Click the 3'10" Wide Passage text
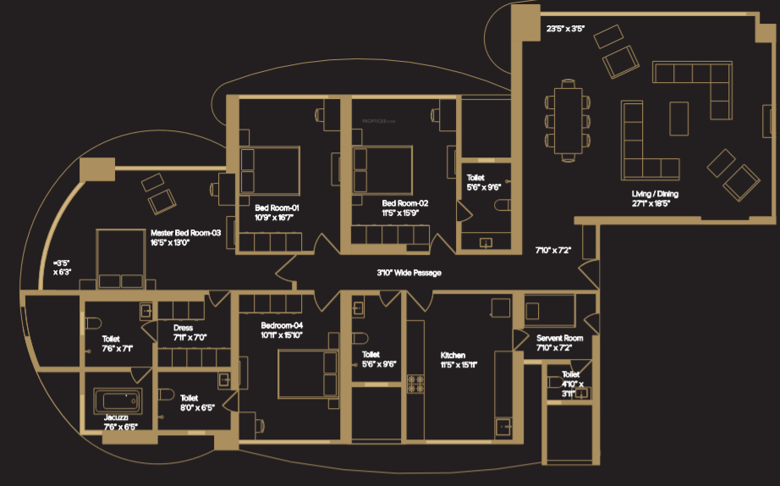[409, 273]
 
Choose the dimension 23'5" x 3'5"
[566, 30]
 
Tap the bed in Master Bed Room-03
[121, 258]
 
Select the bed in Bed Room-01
[270, 171]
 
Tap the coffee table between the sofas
[679, 118]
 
